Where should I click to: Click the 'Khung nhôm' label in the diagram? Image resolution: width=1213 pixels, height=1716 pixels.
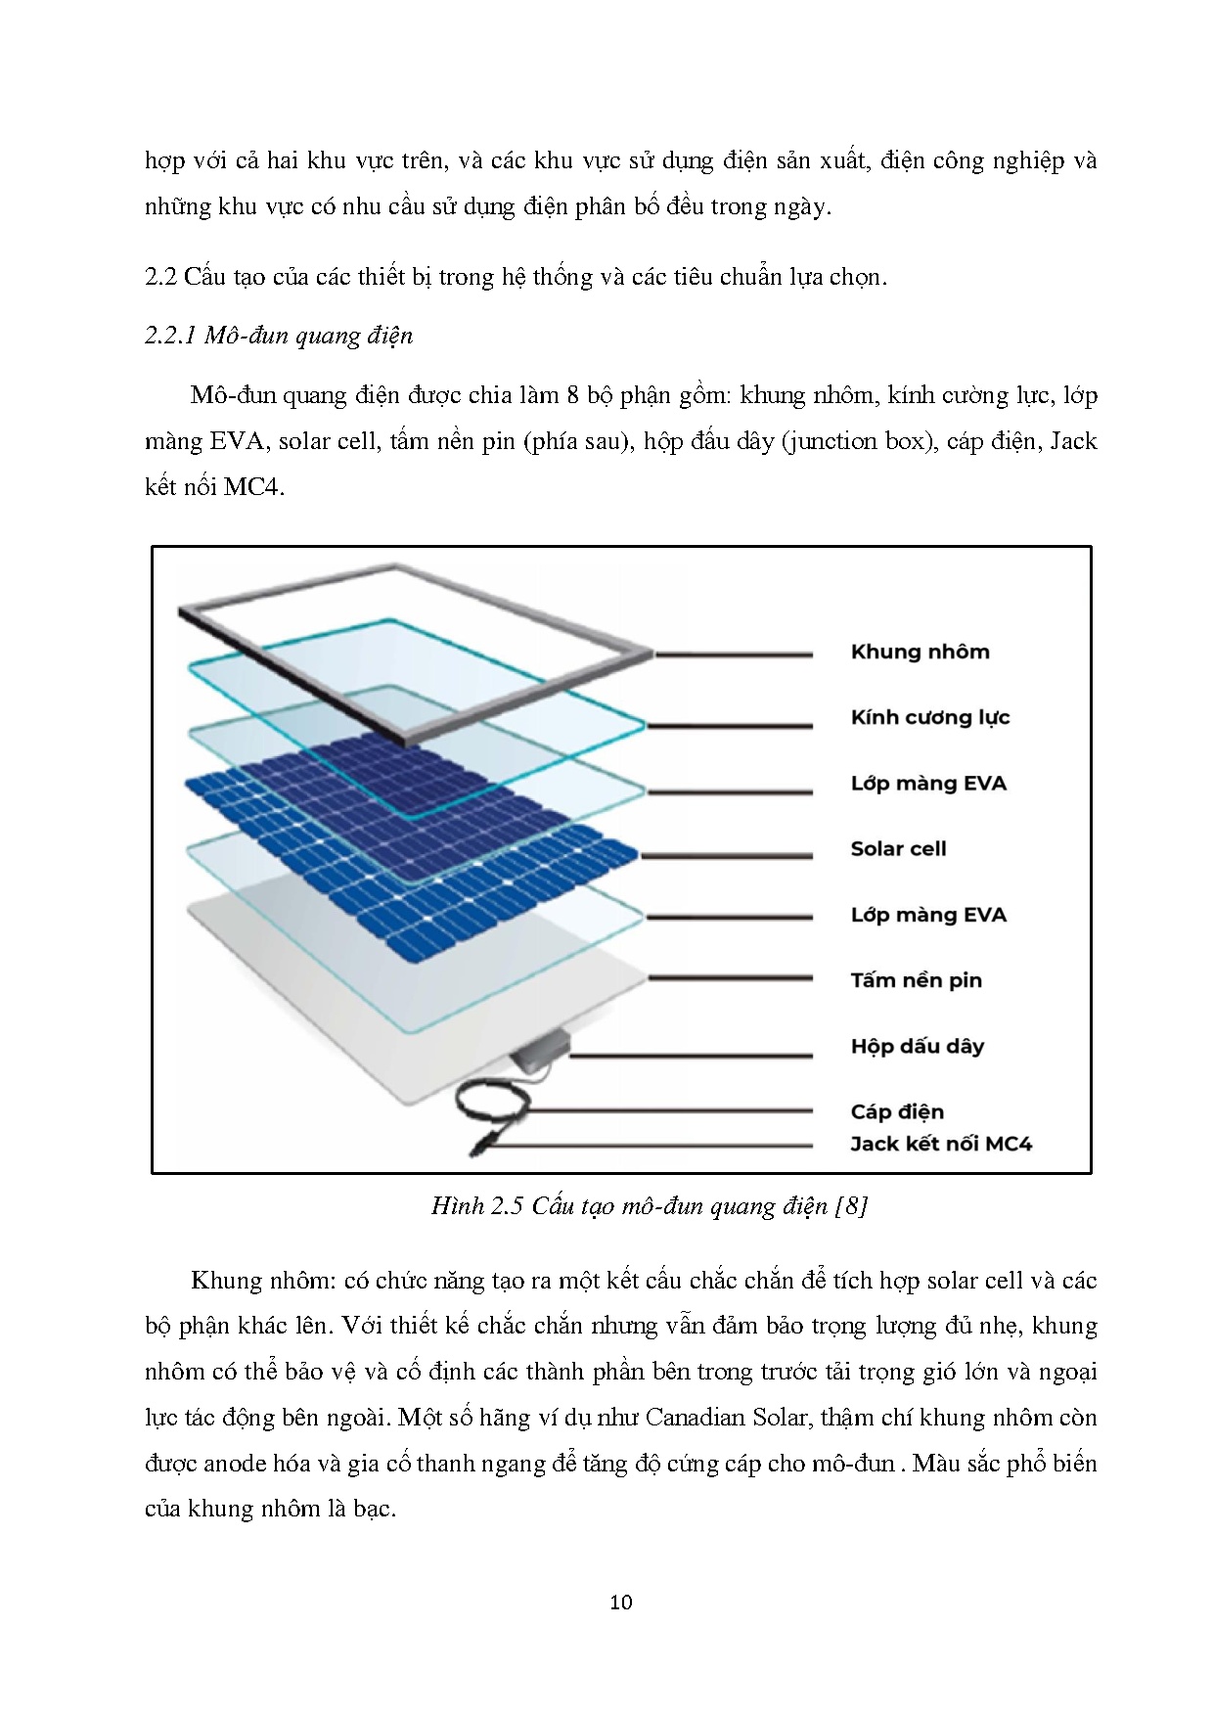pos(920,653)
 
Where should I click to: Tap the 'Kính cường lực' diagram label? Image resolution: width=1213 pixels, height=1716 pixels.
pos(929,718)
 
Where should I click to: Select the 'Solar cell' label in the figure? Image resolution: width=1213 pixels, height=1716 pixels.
pos(898,849)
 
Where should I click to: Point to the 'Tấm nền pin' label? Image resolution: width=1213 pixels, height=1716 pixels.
pos(916,981)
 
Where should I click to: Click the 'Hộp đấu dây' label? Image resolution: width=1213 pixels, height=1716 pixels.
pos(917,1047)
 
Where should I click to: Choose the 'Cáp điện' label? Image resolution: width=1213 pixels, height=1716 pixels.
pos(897,1112)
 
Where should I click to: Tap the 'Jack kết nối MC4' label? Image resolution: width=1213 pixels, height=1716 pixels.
pos(941,1145)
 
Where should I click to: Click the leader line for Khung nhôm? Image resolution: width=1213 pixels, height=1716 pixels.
pos(734,654)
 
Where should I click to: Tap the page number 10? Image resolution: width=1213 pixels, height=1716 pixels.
pos(620,1603)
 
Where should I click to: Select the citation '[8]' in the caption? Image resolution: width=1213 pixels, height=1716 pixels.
pos(851,1206)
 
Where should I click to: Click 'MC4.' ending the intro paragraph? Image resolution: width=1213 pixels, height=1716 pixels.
pos(253,487)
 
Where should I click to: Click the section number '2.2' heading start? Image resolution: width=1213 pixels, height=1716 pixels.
pos(158,277)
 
